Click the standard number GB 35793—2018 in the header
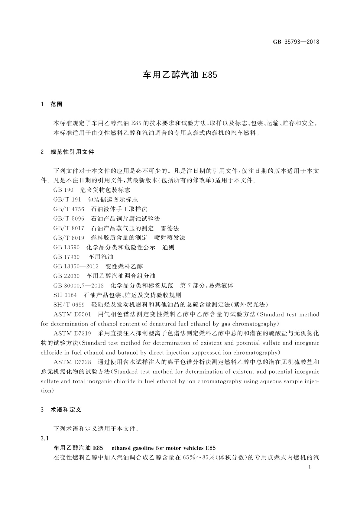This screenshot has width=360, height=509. tap(296, 42)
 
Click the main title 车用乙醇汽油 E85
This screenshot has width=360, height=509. tap(180, 75)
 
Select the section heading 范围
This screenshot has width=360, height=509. tap(57, 104)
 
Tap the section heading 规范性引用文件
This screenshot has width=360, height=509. tap(72, 152)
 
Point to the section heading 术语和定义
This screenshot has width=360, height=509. tap(66, 410)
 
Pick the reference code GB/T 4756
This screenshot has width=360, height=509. tap(69, 209)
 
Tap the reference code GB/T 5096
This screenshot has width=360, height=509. tap(69, 219)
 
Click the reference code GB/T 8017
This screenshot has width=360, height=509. tap(69, 228)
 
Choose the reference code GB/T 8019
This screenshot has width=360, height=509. tap(69, 238)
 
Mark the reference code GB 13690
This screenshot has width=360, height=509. tap(66, 247)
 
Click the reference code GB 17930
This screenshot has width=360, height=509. tap(66, 257)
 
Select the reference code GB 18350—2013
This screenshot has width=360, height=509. tap(76, 266)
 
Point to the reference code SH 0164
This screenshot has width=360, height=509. tap(65, 295)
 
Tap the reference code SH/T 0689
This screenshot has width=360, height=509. tap(69, 304)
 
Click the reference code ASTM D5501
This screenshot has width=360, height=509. tap(72, 314)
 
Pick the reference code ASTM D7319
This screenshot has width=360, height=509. tap(72, 333)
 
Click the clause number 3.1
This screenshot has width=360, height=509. tap(44, 438)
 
